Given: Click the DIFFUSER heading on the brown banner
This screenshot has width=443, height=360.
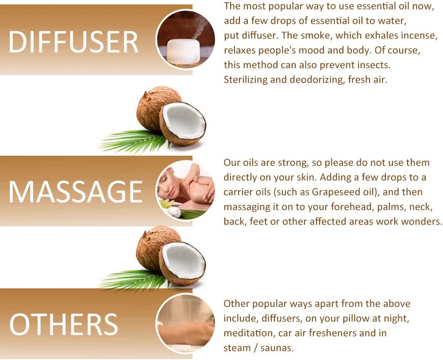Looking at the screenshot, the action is pyautogui.click(x=73, y=42).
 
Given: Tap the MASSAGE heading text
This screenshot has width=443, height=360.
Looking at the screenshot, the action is pyautogui.click(x=75, y=191).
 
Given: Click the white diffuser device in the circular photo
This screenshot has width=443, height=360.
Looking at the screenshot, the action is pyautogui.click(x=182, y=50).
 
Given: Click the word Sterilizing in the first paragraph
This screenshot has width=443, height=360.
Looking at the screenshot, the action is pyautogui.click(x=246, y=80).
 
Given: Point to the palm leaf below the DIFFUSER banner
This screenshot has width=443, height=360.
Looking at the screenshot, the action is pyautogui.click(x=133, y=141).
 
